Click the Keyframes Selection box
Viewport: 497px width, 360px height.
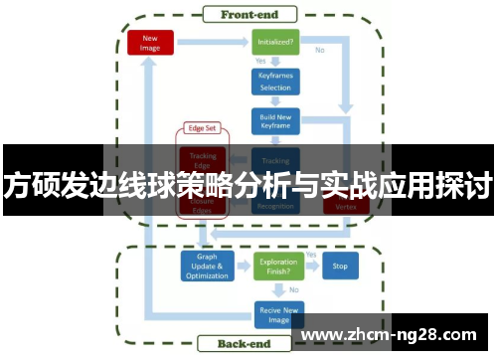(x=275, y=83)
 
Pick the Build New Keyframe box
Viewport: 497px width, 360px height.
(x=275, y=121)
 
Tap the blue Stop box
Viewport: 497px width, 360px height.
(x=340, y=266)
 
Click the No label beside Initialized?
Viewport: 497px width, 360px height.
(x=319, y=49)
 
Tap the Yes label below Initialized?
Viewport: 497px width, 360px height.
(x=260, y=63)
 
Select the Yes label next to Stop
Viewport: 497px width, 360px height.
(x=311, y=255)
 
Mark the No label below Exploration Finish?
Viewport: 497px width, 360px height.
(x=294, y=289)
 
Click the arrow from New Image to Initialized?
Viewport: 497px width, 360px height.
(x=212, y=43)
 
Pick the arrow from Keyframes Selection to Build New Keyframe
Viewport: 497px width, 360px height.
(x=275, y=102)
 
